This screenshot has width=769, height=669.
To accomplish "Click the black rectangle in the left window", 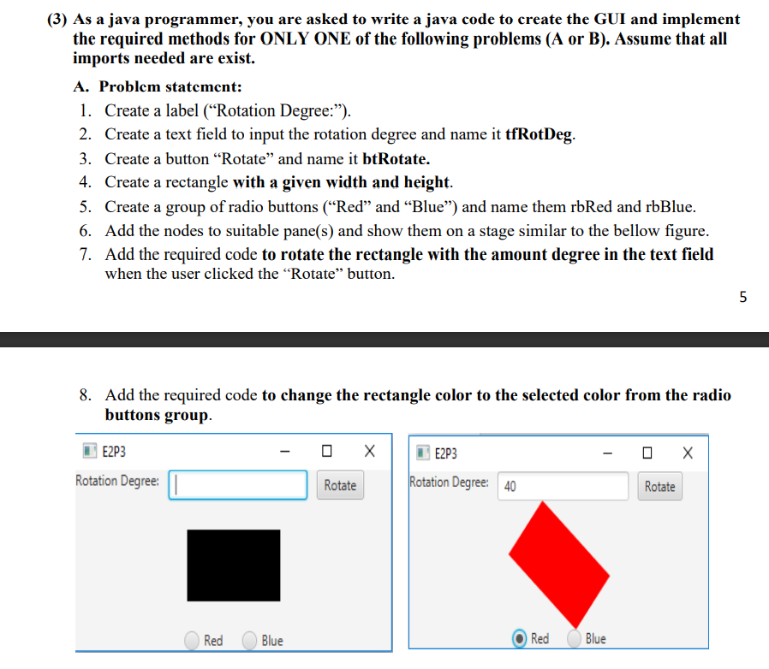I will pyautogui.click(x=234, y=565).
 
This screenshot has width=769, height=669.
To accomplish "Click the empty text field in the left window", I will pyautogui.click(x=238, y=484).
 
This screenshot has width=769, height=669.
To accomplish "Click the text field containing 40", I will pyautogui.click(x=563, y=486).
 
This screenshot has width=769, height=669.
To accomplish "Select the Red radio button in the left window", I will pyautogui.click(x=193, y=640).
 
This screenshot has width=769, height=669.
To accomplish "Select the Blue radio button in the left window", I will pyautogui.click(x=250, y=640).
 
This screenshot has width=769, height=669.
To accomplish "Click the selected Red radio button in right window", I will pyautogui.click(x=519, y=638).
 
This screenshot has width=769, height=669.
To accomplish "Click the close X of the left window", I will pyautogui.click(x=369, y=450).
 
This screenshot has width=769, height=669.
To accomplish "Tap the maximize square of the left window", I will pyautogui.click(x=326, y=450).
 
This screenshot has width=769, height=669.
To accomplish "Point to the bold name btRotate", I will pyautogui.click(x=396, y=158).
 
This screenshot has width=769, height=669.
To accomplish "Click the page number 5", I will pyautogui.click(x=742, y=297).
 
